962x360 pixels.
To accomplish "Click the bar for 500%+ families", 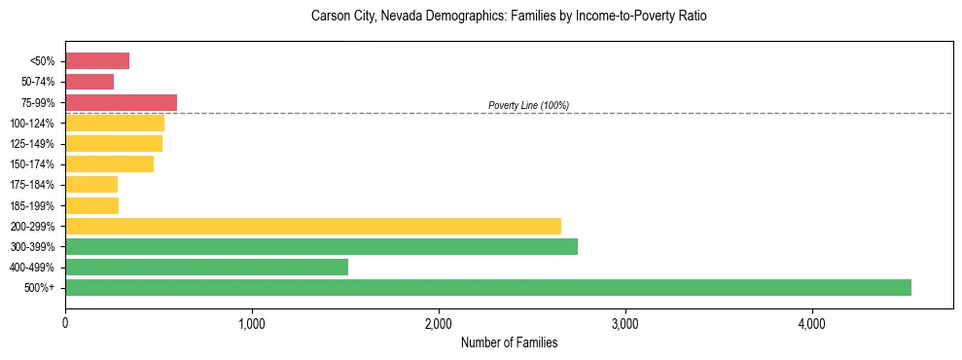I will click(487, 287).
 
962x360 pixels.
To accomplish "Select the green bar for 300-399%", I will click(321, 246).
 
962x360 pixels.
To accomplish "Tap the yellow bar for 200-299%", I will click(312, 226).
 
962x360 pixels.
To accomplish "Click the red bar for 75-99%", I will click(121, 102).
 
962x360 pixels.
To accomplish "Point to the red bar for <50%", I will click(97, 61).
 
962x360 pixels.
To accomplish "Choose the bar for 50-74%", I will click(89, 82).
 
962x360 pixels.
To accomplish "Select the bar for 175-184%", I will click(91, 185).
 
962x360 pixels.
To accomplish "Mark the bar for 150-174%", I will click(109, 163).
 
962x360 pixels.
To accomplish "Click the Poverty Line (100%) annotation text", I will click(528, 105).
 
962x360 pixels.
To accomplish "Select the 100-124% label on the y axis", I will click(32, 124).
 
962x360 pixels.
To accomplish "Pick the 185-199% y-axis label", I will click(32, 205).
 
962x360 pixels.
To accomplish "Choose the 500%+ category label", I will click(39, 288).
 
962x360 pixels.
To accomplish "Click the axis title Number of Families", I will click(509, 342).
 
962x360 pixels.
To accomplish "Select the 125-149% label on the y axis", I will click(32, 144).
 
